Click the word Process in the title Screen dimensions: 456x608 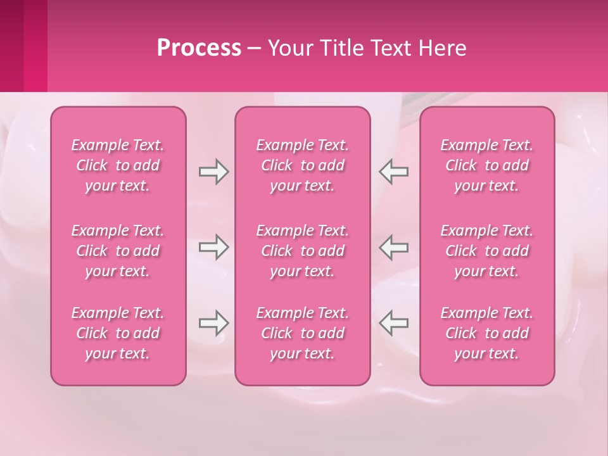pyautogui.click(x=199, y=48)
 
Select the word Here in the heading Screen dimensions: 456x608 pyautogui.click(x=441, y=48)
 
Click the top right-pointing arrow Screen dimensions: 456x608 pyautogui.click(x=213, y=172)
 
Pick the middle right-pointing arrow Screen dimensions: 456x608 pyautogui.click(x=213, y=247)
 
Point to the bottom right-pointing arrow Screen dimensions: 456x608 pyautogui.click(x=213, y=323)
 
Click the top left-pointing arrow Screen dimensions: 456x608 pyautogui.click(x=393, y=172)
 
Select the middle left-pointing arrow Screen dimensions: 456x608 pyautogui.click(x=393, y=247)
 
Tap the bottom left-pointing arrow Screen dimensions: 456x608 pyautogui.click(x=393, y=323)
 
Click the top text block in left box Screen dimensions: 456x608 pyautogui.click(x=118, y=165)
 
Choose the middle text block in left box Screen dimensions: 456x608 pyautogui.click(x=118, y=251)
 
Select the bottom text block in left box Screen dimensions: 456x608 pyautogui.click(x=118, y=333)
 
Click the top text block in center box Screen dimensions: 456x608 pyautogui.click(x=303, y=165)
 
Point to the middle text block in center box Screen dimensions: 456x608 pyautogui.click(x=303, y=251)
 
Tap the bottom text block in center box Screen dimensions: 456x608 pyautogui.click(x=303, y=333)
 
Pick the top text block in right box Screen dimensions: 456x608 pyautogui.click(x=487, y=165)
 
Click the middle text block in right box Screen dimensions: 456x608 pyautogui.click(x=487, y=251)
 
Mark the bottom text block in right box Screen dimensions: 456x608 pyautogui.click(x=487, y=333)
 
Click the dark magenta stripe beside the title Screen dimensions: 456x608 pyautogui.click(x=11, y=46)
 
